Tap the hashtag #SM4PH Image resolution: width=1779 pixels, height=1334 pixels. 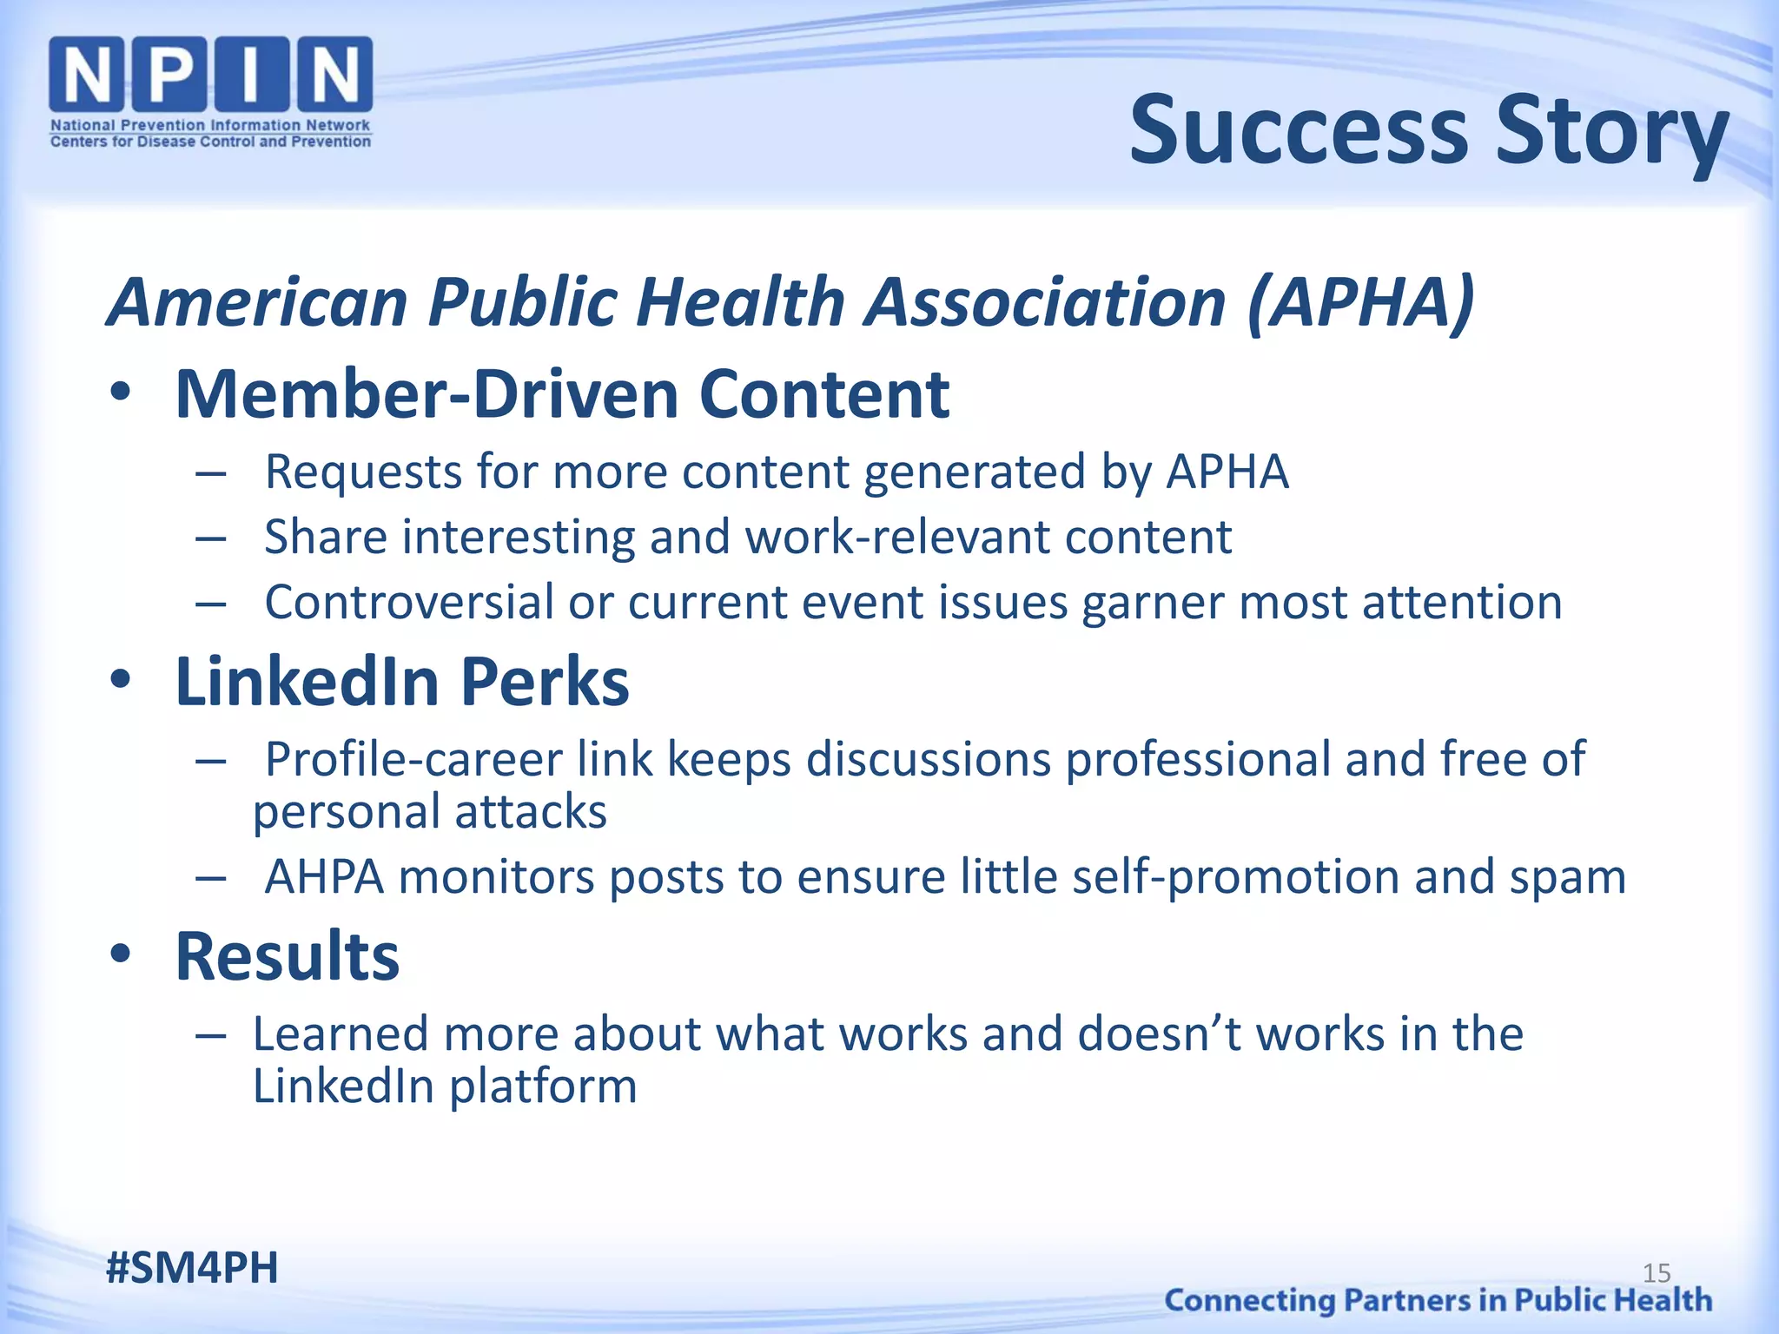tap(192, 1267)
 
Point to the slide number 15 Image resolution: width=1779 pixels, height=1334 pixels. tap(1657, 1273)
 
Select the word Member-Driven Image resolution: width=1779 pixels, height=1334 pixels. tap(426, 394)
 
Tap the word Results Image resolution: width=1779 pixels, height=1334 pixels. tap(288, 956)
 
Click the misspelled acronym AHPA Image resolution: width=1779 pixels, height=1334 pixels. tap(324, 877)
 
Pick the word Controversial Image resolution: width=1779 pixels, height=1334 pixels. tap(409, 602)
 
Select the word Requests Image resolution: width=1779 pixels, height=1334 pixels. tap(363, 472)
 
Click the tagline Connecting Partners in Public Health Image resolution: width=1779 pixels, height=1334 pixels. tap(1438, 1300)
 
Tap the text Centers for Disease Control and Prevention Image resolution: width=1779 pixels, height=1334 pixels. tap(210, 142)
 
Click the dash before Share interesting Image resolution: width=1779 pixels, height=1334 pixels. tap(211, 538)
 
